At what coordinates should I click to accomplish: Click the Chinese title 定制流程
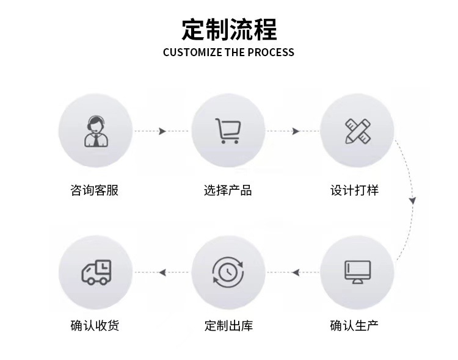tap(229, 29)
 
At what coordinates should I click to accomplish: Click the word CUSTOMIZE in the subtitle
tap(192, 52)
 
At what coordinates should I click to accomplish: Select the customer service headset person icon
tap(95, 131)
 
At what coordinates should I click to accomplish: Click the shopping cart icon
tap(228, 131)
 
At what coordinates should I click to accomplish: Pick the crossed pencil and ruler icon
tap(357, 131)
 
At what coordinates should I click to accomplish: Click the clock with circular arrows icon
tap(228, 272)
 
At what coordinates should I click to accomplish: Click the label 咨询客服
tap(95, 190)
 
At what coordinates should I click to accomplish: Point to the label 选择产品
tap(228, 190)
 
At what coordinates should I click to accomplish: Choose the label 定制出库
tap(228, 325)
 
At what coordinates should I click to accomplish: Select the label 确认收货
tap(95, 325)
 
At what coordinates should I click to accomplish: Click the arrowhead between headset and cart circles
tap(162, 131)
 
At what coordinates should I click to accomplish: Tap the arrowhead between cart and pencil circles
tap(296, 131)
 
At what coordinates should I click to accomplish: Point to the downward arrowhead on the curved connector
tap(413, 200)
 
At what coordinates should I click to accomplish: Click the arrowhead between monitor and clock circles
tap(296, 272)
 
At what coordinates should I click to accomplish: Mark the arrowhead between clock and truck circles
tap(162, 272)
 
